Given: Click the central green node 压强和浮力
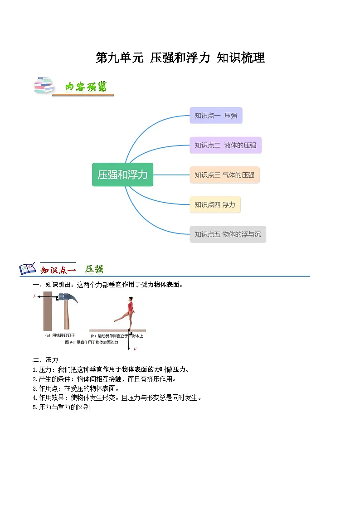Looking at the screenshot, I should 122,175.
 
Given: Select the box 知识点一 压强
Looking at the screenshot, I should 216,116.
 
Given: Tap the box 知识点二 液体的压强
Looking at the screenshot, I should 225,145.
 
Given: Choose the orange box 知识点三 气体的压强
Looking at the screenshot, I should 224,175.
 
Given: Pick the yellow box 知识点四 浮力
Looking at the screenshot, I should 215,205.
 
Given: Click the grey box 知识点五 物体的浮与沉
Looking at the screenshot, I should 228,234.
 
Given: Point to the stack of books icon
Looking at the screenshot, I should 44,86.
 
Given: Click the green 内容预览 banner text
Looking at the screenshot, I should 86,87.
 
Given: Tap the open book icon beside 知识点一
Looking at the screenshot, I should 28,269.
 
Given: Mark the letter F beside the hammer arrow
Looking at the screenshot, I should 34,297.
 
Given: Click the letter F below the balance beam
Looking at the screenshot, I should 135,349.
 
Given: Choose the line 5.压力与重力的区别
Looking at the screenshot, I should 61,407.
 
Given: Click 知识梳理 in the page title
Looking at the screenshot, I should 241,58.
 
